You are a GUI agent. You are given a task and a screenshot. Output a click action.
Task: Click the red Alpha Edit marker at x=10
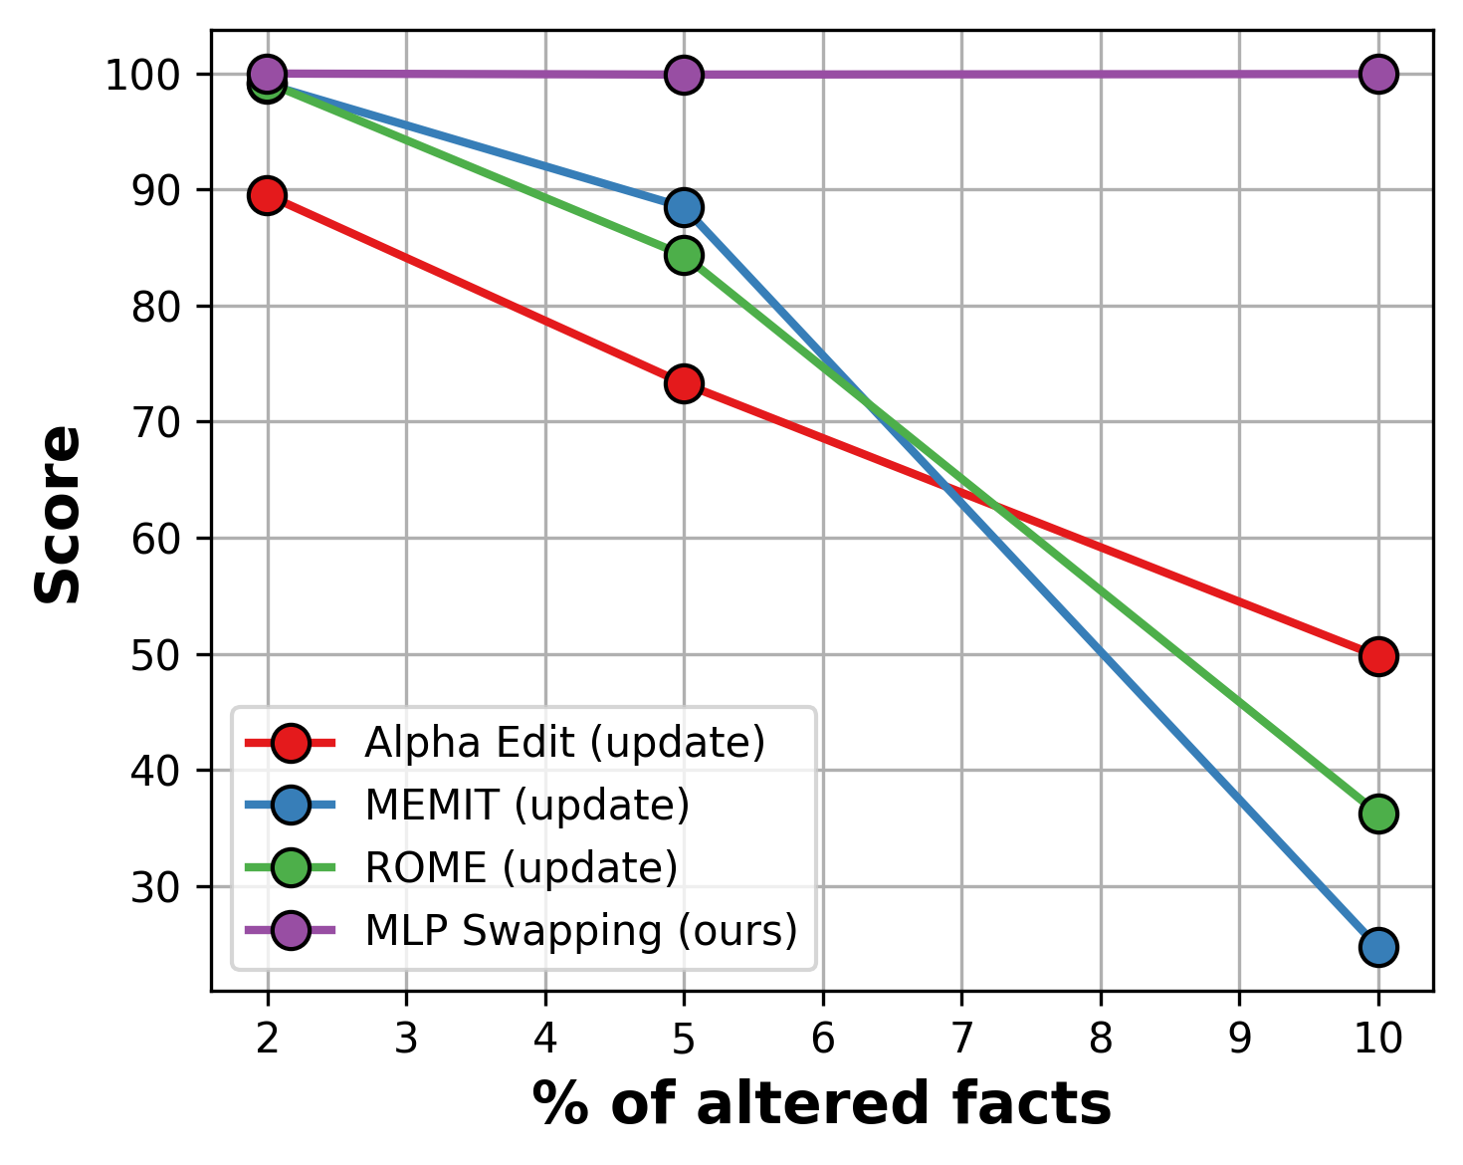pyautogui.click(x=1377, y=656)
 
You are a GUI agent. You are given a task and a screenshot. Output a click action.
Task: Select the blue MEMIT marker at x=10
pyautogui.click(x=1377, y=947)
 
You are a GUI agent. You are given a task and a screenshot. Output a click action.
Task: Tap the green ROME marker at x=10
pyautogui.click(x=1377, y=814)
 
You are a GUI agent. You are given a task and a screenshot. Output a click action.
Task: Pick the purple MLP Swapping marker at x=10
pyautogui.click(x=1377, y=74)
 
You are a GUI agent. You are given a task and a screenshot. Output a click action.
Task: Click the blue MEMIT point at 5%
pyautogui.click(x=684, y=207)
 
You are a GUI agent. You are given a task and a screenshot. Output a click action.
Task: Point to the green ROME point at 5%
pyautogui.click(x=684, y=255)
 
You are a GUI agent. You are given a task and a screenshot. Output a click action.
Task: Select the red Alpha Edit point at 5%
pyautogui.click(x=684, y=383)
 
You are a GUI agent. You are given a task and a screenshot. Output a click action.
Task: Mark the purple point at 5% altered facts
pyautogui.click(x=684, y=75)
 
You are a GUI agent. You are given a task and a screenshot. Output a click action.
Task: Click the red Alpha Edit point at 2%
pyautogui.click(x=267, y=195)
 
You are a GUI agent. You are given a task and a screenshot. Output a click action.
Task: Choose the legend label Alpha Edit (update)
pyautogui.click(x=564, y=743)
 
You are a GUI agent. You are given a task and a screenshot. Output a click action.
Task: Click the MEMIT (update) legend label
pyautogui.click(x=526, y=806)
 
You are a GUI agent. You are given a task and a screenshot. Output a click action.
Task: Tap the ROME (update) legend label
pyautogui.click(x=521, y=868)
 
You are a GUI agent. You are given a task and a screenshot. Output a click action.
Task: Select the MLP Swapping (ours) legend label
pyautogui.click(x=581, y=931)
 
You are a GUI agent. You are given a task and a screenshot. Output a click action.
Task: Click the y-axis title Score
pyautogui.click(x=58, y=514)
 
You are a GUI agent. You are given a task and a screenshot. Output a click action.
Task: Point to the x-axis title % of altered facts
pyautogui.click(x=821, y=1104)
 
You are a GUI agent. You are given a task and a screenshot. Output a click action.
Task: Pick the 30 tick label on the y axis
pyautogui.click(x=154, y=887)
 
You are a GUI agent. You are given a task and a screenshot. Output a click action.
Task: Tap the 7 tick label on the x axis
pyautogui.click(x=961, y=1039)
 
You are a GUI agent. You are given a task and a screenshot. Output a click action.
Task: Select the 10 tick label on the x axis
pyautogui.click(x=1377, y=1039)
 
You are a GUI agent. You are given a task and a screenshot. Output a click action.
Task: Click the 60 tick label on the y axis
pyautogui.click(x=154, y=539)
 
